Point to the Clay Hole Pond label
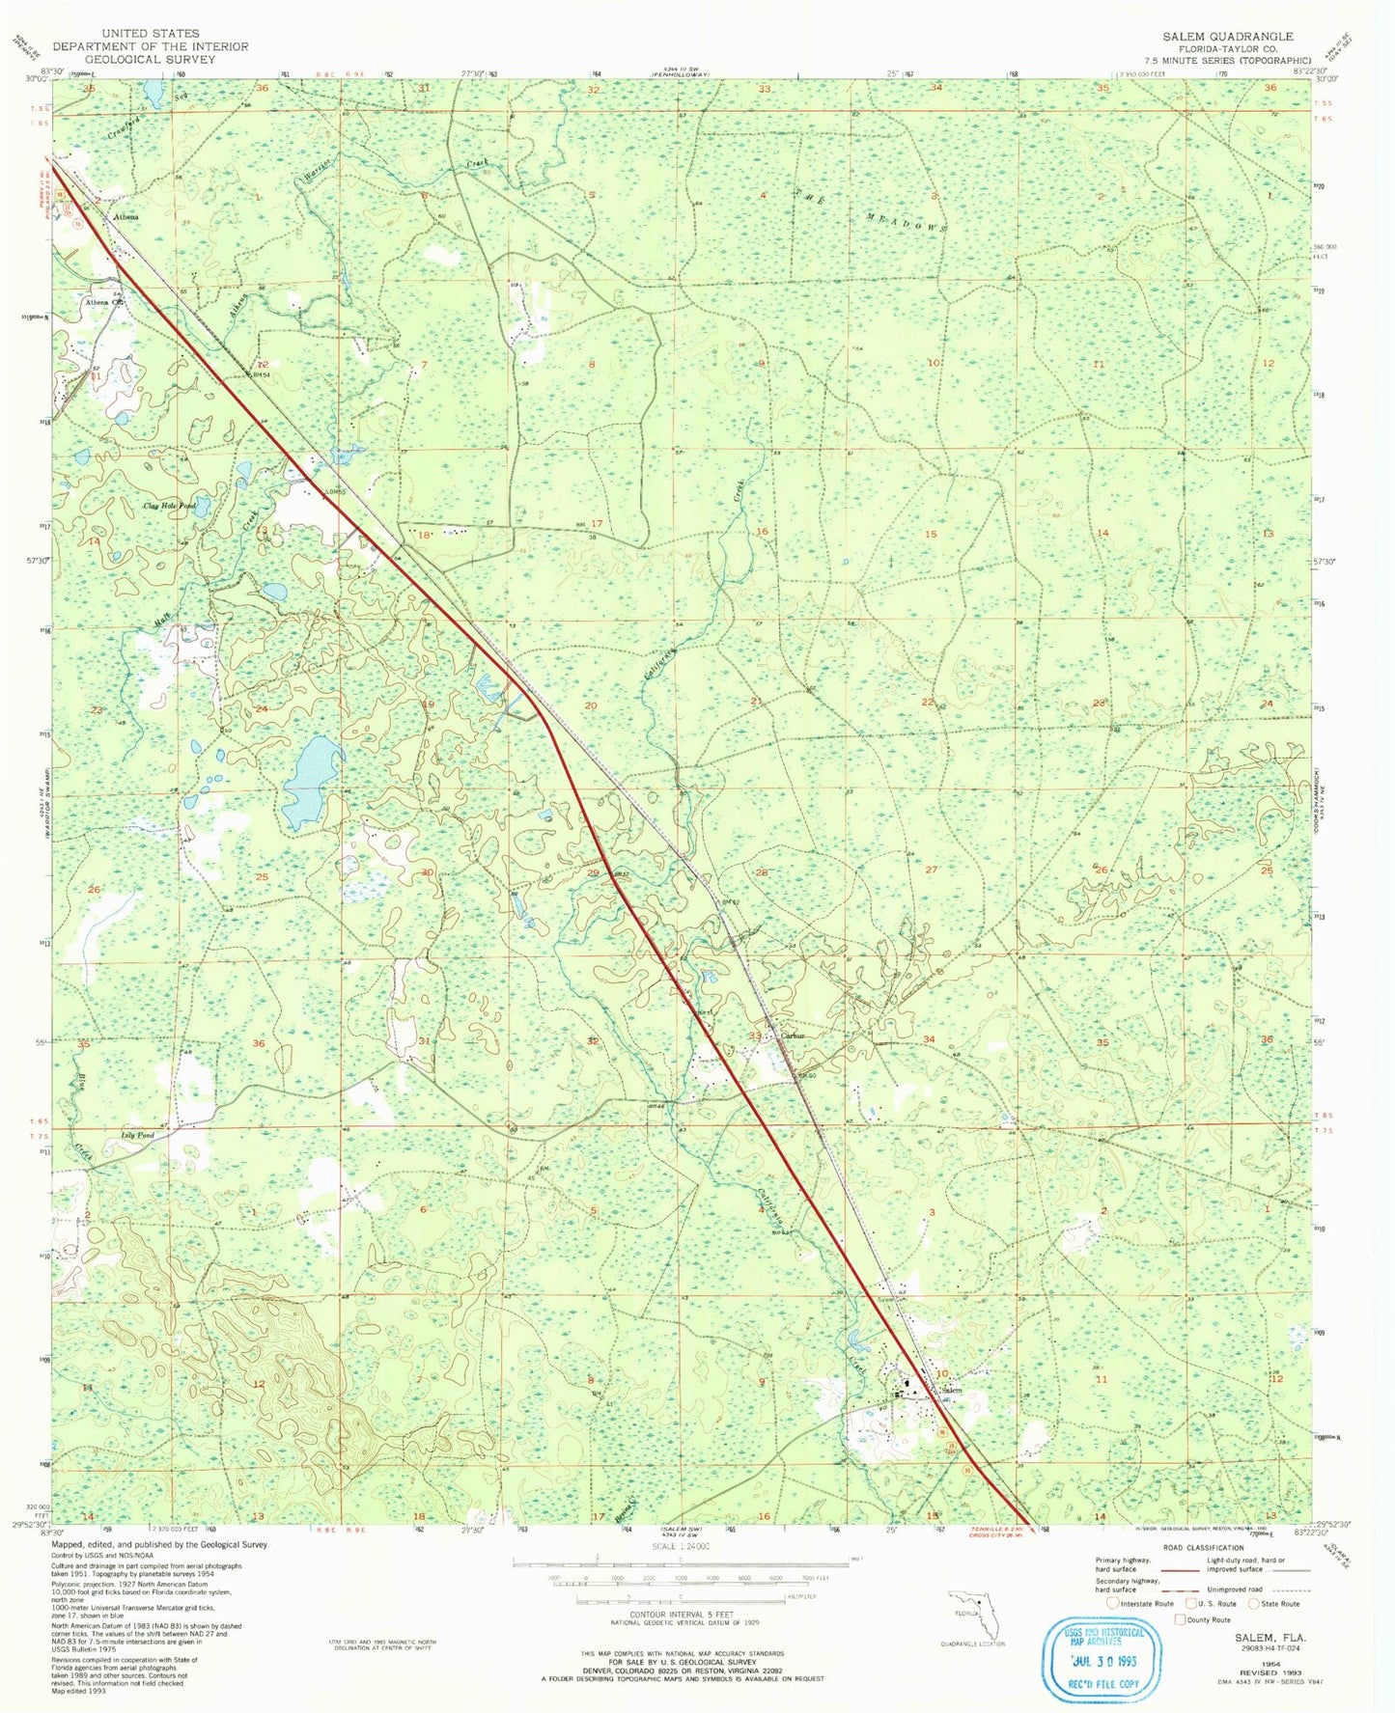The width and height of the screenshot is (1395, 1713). pos(169,505)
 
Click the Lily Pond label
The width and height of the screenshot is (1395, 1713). pos(137,1136)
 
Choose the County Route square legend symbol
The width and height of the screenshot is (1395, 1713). pos(1180,1645)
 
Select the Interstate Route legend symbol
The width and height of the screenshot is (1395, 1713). pos(1112,1630)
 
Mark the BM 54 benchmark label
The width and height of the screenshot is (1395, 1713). pos(261,376)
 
